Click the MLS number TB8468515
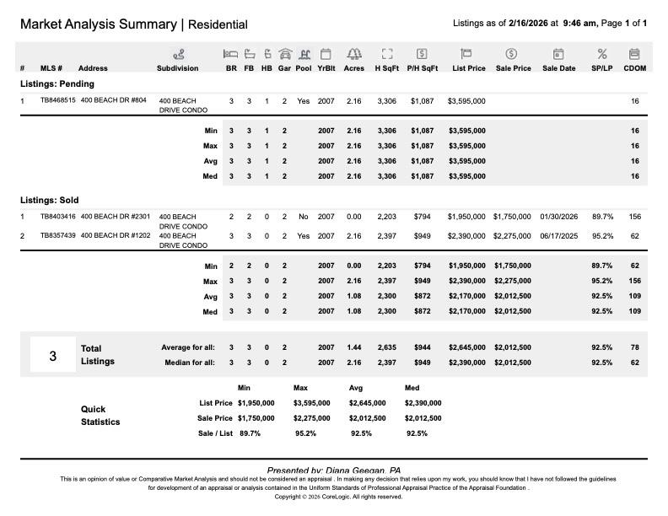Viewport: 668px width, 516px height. click(x=58, y=100)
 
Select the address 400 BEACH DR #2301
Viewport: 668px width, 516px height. click(x=116, y=217)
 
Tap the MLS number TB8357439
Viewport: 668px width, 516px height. click(x=58, y=235)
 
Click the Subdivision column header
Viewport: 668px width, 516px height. click(x=177, y=68)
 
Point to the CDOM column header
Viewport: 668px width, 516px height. click(x=634, y=68)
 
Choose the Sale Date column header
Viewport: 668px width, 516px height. click(x=558, y=68)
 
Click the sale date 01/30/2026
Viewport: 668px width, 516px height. click(x=558, y=217)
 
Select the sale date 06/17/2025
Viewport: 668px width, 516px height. click(x=558, y=235)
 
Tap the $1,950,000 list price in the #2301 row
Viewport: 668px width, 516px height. click(x=466, y=217)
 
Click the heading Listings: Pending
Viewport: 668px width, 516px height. click(x=57, y=84)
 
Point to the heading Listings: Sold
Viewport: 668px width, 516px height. click(x=51, y=201)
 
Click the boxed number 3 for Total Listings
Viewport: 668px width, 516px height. click(x=52, y=356)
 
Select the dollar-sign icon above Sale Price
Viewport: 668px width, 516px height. click(x=512, y=54)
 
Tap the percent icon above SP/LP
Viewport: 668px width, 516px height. click(x=602, y=54)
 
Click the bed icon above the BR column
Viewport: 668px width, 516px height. click(x=231, y=54)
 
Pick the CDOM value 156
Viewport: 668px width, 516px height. click(x=634, y=217)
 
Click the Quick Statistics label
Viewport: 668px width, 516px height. click(x=100, y=415)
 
